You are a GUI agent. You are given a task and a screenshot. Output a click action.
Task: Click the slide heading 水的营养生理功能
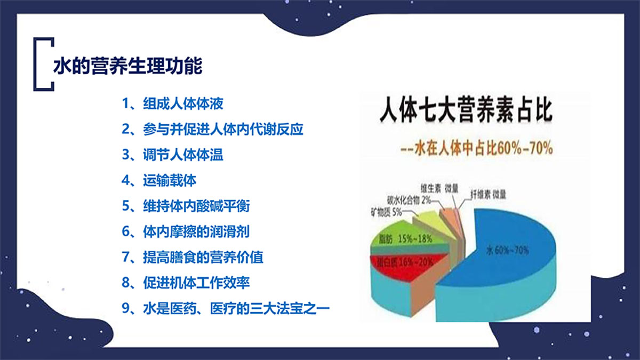tap(127, 66)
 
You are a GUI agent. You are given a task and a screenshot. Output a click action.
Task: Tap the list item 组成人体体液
tap(173, 103)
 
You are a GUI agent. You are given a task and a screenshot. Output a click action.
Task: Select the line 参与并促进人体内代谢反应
tap(212, 129)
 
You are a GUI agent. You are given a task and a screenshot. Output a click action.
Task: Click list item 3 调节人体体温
tap(173, 155)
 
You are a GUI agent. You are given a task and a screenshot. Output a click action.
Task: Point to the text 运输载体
tap(159, 180)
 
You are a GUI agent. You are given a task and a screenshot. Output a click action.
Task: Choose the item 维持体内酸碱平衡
tap(186, 206)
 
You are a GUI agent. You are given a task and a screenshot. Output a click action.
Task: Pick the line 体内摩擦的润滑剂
tap(186, 231)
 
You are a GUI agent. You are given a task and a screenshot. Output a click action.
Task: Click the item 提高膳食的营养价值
tap(193, 257)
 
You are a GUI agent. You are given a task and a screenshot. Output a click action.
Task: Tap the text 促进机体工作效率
tap(186, 283)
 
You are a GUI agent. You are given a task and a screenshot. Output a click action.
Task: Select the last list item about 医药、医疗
tap(226, 308)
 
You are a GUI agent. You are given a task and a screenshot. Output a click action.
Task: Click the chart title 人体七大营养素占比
tap(466, 110)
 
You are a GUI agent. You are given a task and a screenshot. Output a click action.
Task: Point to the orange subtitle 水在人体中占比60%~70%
tap(477, 148)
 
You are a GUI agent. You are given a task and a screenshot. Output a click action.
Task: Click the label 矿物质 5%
tap(387, 212)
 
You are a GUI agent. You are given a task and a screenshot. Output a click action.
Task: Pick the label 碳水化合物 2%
tap(409, 200)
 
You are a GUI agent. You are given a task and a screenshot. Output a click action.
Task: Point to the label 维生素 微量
tap(439, 189)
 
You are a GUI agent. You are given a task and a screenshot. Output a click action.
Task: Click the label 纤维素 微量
tap(489, 195)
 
